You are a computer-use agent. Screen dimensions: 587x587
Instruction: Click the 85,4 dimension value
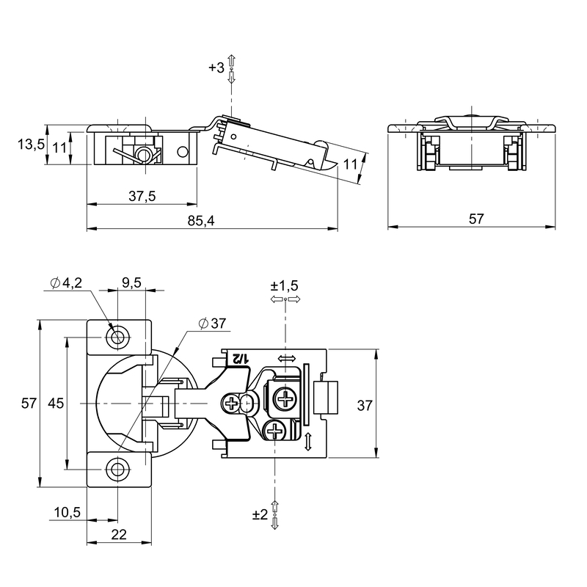coord(201,221)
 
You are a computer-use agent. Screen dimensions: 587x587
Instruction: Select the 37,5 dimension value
coord(142,196)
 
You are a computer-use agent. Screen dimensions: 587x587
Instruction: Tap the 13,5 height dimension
coord(31,144)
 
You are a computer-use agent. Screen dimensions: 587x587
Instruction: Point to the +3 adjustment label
coord(216,68)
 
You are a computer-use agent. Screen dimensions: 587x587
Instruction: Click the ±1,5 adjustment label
coord(284,285)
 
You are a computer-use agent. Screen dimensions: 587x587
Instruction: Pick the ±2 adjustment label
coord(260,514)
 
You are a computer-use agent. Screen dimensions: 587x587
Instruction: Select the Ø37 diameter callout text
coord(213,323)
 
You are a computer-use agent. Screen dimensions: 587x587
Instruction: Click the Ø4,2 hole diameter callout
coord(66,282)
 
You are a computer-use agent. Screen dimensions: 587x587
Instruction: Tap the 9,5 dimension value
coord(132,282)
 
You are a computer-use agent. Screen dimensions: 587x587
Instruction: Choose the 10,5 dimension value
coord(68,512)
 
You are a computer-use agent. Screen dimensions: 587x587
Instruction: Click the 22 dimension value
coord(119,535)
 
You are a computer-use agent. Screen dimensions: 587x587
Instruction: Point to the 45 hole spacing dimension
coord(56,404)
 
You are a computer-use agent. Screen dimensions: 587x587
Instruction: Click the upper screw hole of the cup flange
coord(118,338)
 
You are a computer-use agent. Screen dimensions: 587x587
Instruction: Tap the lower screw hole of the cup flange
coord(118,469)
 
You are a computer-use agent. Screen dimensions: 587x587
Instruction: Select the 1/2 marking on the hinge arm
coord(240,359)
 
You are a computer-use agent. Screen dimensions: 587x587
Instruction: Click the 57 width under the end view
coord(476,219)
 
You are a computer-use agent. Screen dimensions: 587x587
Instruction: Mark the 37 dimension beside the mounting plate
coord(364,406)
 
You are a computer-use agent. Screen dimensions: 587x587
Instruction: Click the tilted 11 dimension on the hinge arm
coord(351,164)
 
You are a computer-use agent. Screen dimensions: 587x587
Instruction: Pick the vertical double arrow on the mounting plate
coord(308,442)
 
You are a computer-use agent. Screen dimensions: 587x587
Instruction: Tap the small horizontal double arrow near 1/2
coord(286,359)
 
